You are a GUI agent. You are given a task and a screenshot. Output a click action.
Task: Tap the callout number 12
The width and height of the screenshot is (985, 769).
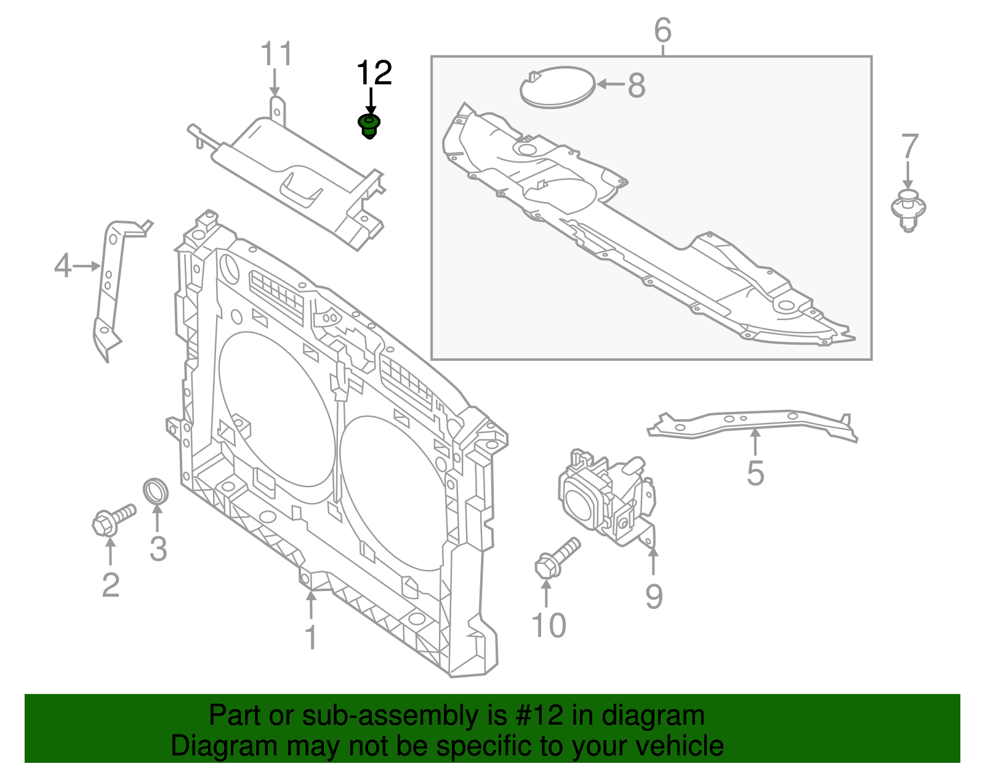pyautogui.click(x=374, y=73)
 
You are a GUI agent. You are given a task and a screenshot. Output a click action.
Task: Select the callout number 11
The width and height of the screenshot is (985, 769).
pyautogui.click(x=276, y=54)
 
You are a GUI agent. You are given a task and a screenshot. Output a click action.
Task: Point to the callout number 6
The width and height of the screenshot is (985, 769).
pyautogui.click(x=662, y=30)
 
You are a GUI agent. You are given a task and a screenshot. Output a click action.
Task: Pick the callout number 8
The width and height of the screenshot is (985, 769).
pyautogui.click(x=637, y=85)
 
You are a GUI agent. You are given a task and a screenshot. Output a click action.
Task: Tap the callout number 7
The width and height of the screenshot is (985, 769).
pyautogui.click(x=910, y=147)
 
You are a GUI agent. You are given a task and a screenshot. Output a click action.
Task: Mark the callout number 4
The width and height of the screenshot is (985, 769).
pyautogui.click(x=62, y=266)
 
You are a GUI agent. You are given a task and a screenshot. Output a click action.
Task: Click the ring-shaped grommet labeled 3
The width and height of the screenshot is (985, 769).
pyautogui.click(x=156, y=490)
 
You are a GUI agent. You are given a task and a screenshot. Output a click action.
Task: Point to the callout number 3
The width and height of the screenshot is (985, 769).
pyautogui.click(x=158, y=548)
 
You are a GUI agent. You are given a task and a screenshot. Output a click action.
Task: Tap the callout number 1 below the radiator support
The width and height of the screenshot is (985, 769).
pyautogui.click(x=312, y=637)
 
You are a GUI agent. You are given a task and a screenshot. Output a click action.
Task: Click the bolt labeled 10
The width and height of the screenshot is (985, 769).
pyautogui.click(x=557, y=558)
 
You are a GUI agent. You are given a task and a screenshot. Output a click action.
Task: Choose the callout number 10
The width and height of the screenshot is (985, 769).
pyautogui.click(x=548, y=626)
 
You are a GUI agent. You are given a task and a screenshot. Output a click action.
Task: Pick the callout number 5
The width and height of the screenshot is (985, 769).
pyautogui.click(x=755, y=473)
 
